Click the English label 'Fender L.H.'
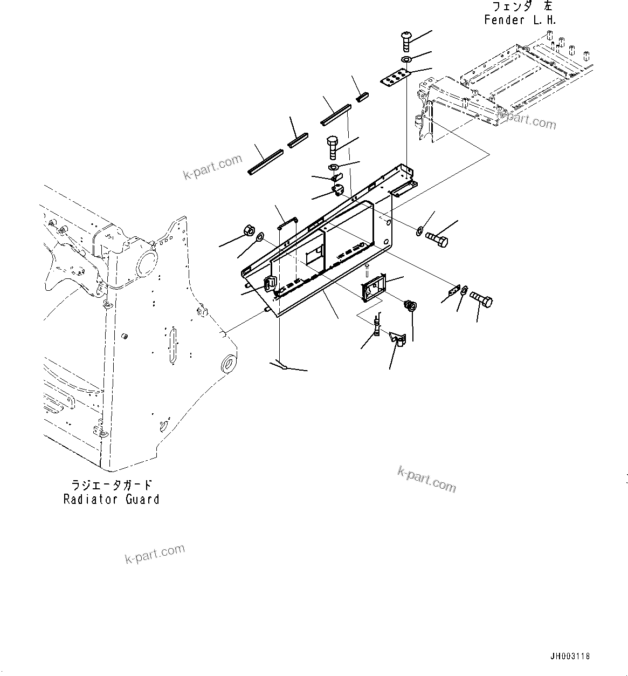pyautogui.click(x=520, y=21)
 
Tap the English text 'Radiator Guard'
pyautogui.click(x=111, y=499)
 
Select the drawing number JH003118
pyautogui.click(x=570, y=657)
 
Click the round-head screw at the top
pyautogui.click(x=406, y=40)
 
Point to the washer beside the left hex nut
pyautogui.click(x=259, y=236)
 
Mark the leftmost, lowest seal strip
pyautogui.click(x=265, y=162)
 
